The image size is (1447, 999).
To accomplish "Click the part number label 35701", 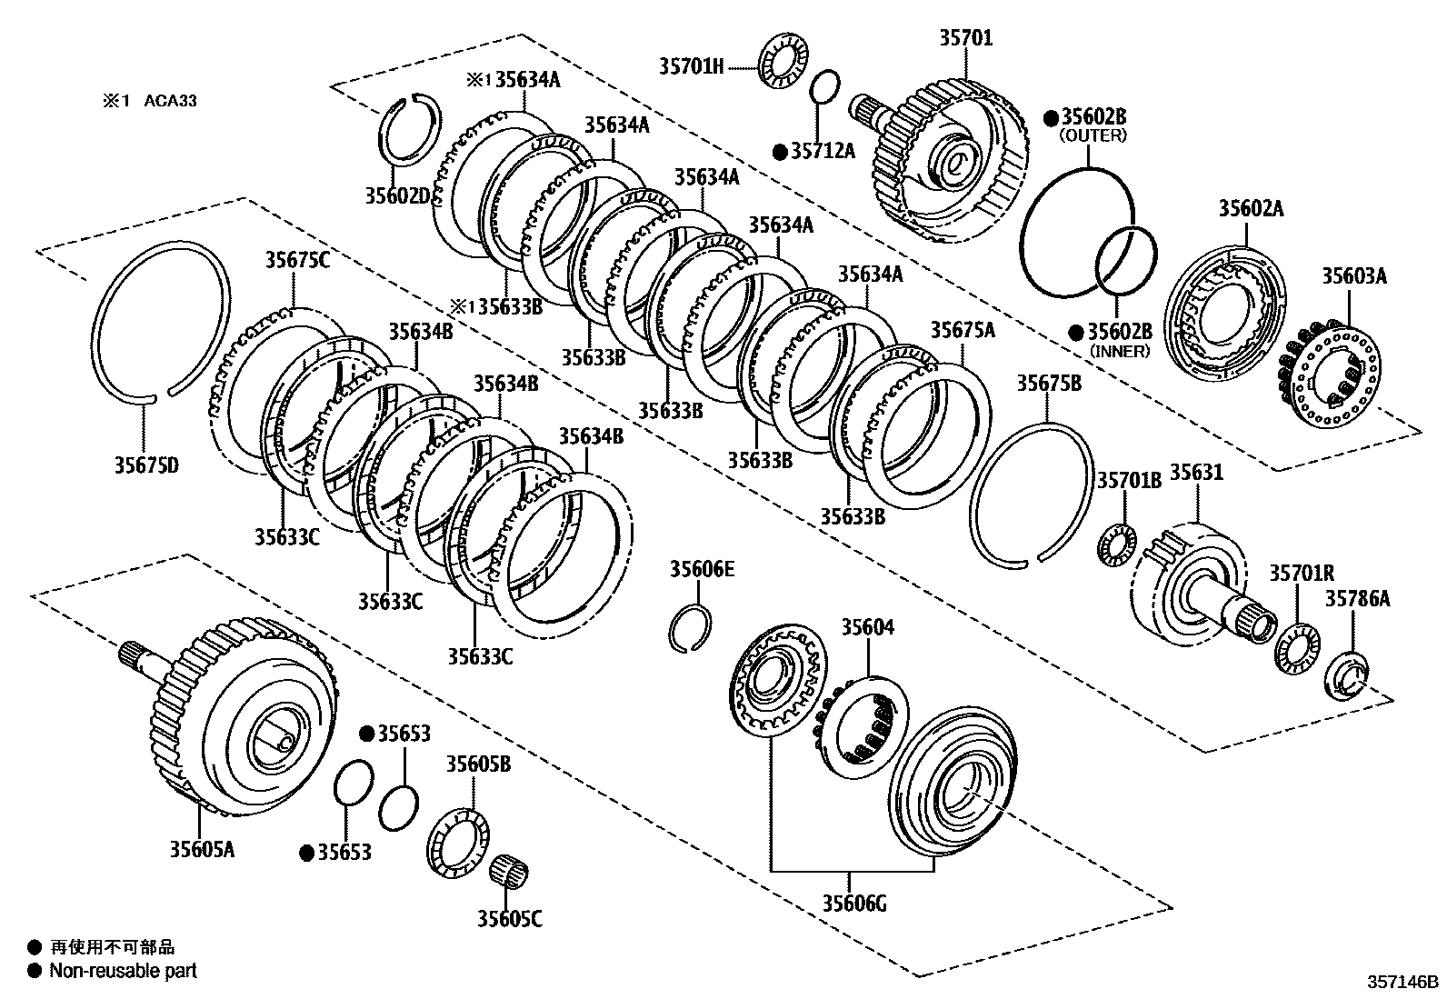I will (965, 38).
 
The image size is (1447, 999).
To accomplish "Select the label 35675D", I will (146, 465).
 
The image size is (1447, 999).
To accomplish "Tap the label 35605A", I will (202, 849).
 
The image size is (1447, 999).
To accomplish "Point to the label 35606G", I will (855, 903).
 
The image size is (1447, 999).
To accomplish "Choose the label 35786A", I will (1357, 598).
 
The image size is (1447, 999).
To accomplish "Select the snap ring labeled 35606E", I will (691, 628).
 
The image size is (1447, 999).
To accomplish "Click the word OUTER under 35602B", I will (1093, 135).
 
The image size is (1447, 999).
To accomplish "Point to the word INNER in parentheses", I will (1119, 351).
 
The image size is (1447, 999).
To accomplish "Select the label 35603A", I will (1353, 275).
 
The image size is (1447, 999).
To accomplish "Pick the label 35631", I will (1195, 473).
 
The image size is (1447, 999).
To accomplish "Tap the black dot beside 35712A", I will (779, 152).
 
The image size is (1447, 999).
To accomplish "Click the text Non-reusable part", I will (123, 971).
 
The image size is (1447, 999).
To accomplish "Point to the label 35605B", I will (477, 764).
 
